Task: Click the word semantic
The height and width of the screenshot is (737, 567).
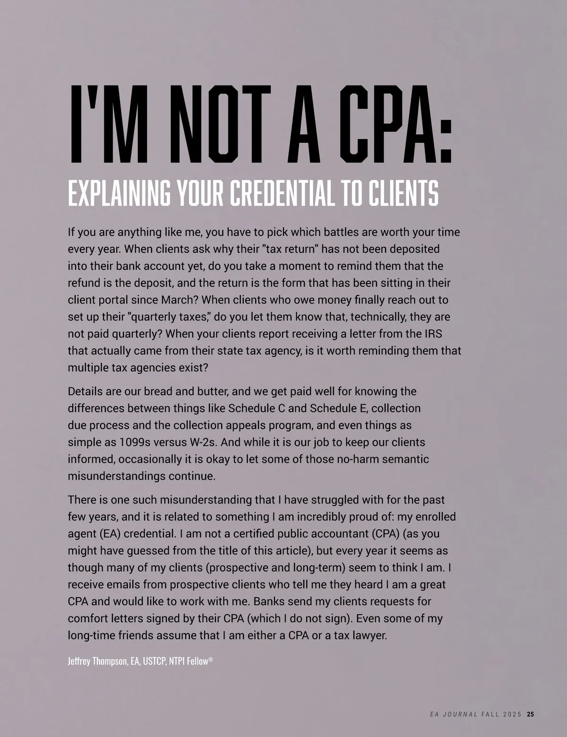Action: [x=407, y=459]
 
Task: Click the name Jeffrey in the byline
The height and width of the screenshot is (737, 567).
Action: [x=80, y=661]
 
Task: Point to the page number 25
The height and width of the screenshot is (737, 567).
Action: [x=531, y=701]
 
